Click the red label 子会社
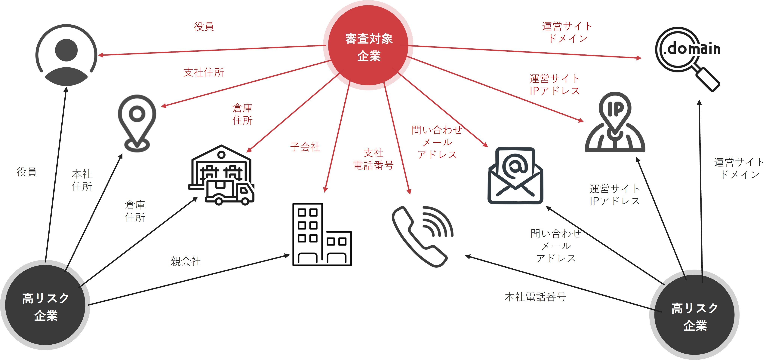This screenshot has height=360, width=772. tap(305, 147)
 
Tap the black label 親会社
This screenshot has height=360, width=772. tap(186, 261)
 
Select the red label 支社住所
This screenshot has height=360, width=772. tap(204, 72)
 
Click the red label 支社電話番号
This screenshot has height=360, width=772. tap(373, 159)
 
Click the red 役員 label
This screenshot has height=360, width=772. tap(204, 26)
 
